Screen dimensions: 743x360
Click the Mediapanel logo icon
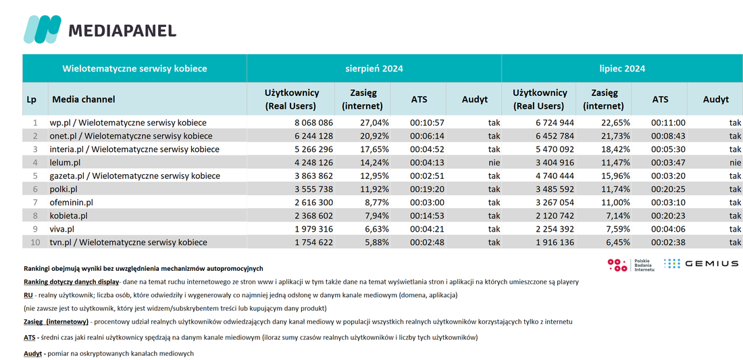point(42,29)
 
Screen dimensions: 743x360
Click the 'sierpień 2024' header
point(374,69)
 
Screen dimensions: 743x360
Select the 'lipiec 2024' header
point(621,69)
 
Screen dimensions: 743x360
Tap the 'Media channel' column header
point(83,99)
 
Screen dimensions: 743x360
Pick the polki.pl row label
point(63,189)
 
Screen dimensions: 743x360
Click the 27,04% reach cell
point(374,123)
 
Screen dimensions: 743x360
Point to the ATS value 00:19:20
point(427,189)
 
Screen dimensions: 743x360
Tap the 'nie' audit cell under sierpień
point(493,163)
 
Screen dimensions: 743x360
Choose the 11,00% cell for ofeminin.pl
point(615,202)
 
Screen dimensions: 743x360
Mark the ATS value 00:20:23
point(668,215)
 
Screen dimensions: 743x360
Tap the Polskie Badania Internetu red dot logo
point(617,265)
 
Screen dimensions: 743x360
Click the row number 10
point(34,242)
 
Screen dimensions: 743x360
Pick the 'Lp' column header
point(32,100)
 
